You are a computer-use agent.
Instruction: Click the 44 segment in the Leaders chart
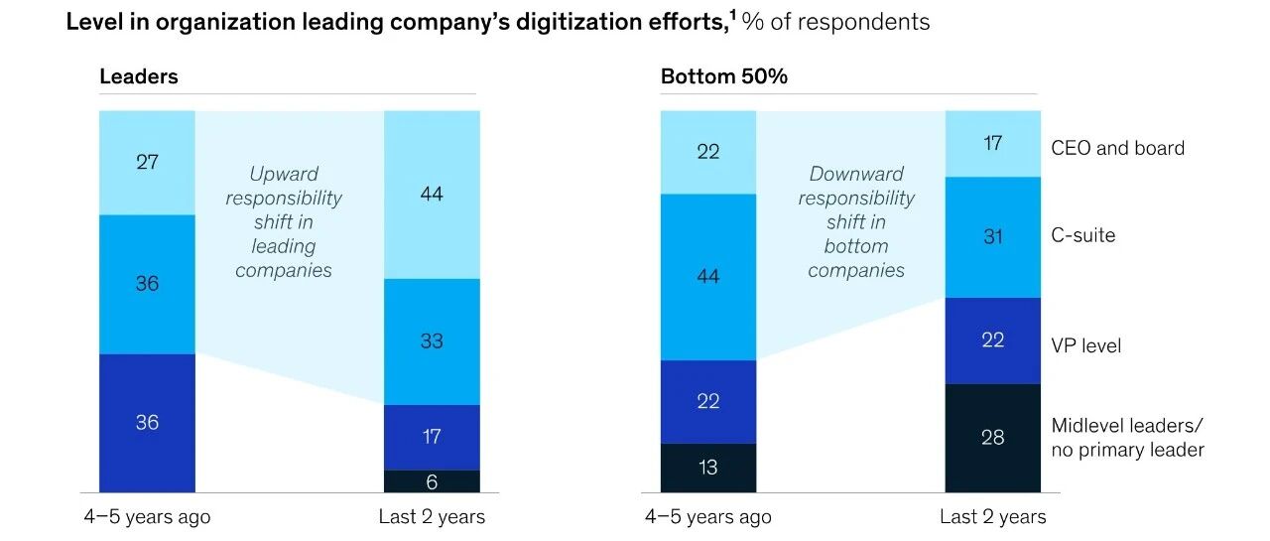[x=432, y=195]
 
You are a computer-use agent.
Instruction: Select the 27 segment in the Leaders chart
[x=147, y=162]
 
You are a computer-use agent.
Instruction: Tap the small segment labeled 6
[x=432, y=481]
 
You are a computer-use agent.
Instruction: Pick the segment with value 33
[x=432, y=341]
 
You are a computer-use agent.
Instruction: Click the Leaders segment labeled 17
[x=432, y=437]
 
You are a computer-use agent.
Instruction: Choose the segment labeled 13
[x=707, y=468]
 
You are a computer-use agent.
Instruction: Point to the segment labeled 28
[x=992, y=438]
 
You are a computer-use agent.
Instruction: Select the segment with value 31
[x=992, y=237]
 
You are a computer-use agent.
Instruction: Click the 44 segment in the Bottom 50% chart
[x=707, y=277]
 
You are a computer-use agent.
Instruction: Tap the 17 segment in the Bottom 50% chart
[x=992, y=144]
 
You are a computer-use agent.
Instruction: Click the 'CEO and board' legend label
[x=1117, y=148]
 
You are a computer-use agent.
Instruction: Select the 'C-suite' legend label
[x=1083, y=236]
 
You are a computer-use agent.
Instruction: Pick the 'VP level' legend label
[x=1085, y=346]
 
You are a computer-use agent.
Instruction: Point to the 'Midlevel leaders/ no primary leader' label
[x=1127, y=438]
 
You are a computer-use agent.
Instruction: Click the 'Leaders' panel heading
[x=138, y=76]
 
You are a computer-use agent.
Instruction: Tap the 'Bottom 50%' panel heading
[x=723, y=76]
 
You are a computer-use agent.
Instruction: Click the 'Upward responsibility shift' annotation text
[x=283, y=221]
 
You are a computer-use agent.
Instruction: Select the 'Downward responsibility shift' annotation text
[x=856, y=221]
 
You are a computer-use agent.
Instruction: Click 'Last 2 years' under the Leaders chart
[x=432, y=517]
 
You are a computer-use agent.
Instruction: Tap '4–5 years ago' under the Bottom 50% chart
[x=707, y=517]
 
